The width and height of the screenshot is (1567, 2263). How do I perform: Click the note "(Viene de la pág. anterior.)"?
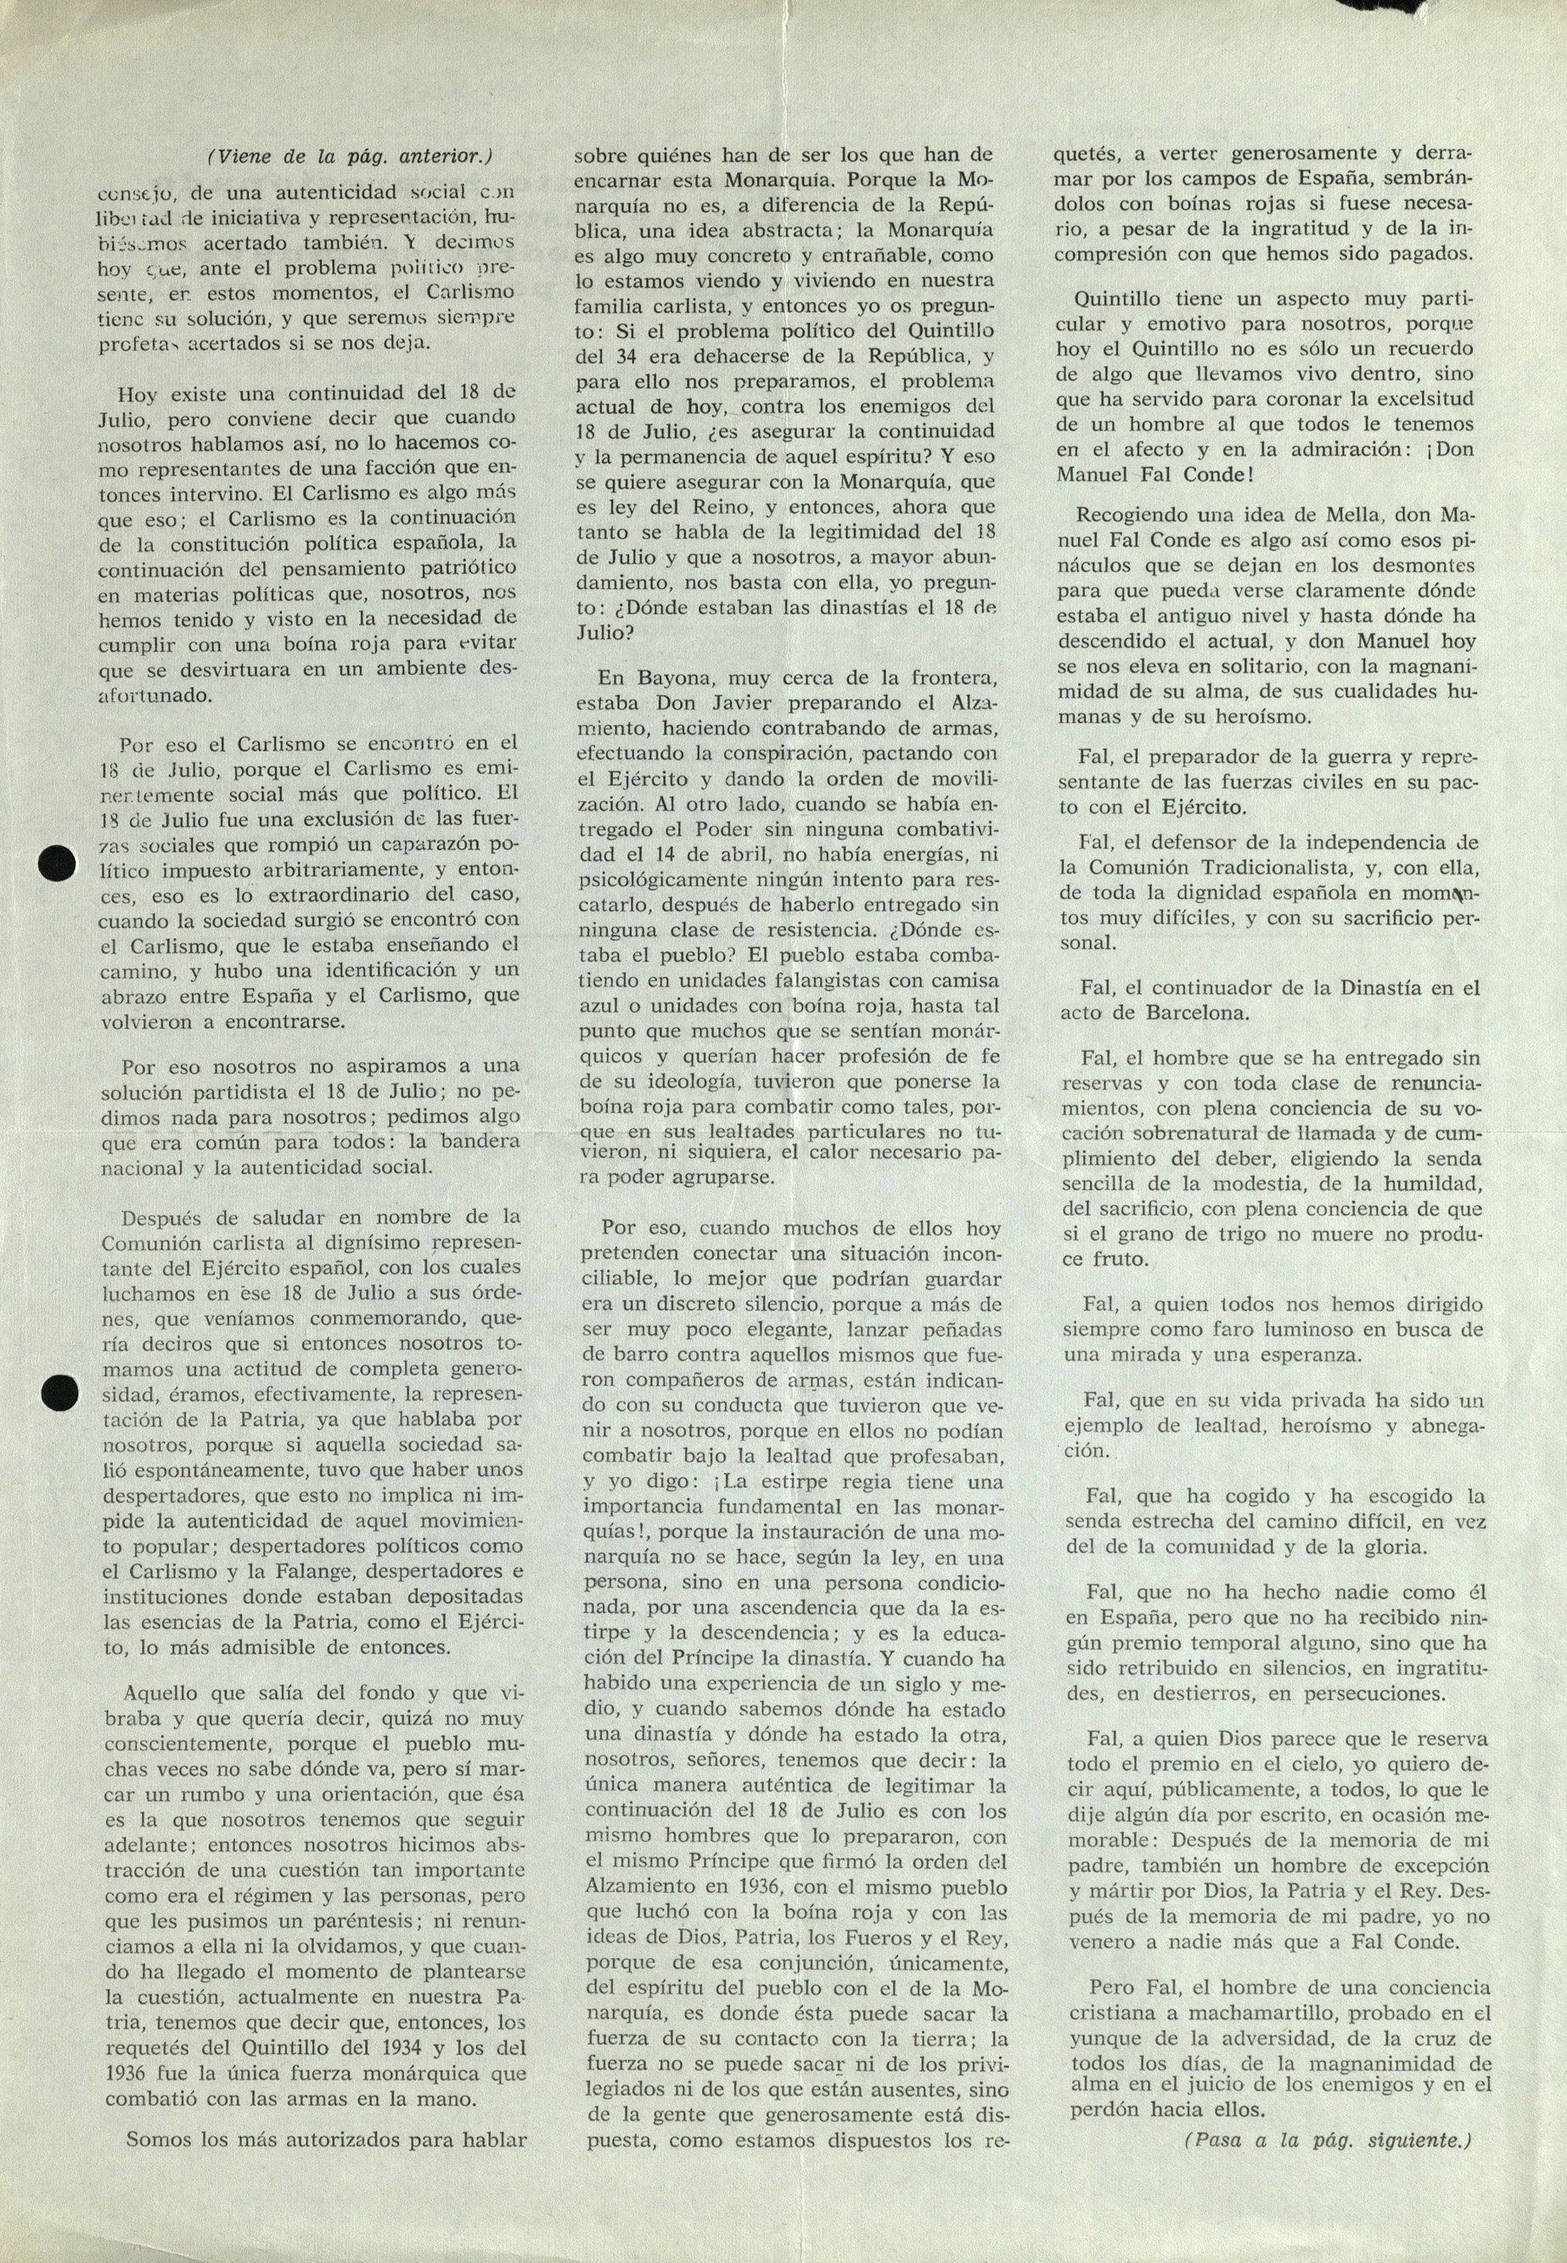[351, 156]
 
